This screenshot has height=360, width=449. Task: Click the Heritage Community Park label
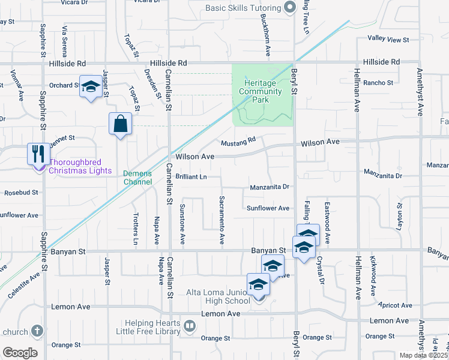[x=262, y=91]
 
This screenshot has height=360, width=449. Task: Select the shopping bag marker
[x=120, y=124]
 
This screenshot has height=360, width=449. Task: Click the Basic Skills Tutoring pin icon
[x=291, y=8]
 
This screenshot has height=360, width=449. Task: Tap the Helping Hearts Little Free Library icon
[x=190, y=326]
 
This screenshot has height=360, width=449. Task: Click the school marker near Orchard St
[x=90, y=88]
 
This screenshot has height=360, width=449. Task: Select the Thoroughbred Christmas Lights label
[x=80, y=166]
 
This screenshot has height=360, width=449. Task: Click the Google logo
[x=19, y=352]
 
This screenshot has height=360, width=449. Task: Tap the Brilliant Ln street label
[x=191, y=177]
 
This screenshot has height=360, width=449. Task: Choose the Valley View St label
[x=388, y=40]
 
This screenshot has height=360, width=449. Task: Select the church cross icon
[x=37, y=331]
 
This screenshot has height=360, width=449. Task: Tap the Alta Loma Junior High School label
[x=224, y=296]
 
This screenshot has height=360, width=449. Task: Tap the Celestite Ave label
[x=25, y=285]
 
